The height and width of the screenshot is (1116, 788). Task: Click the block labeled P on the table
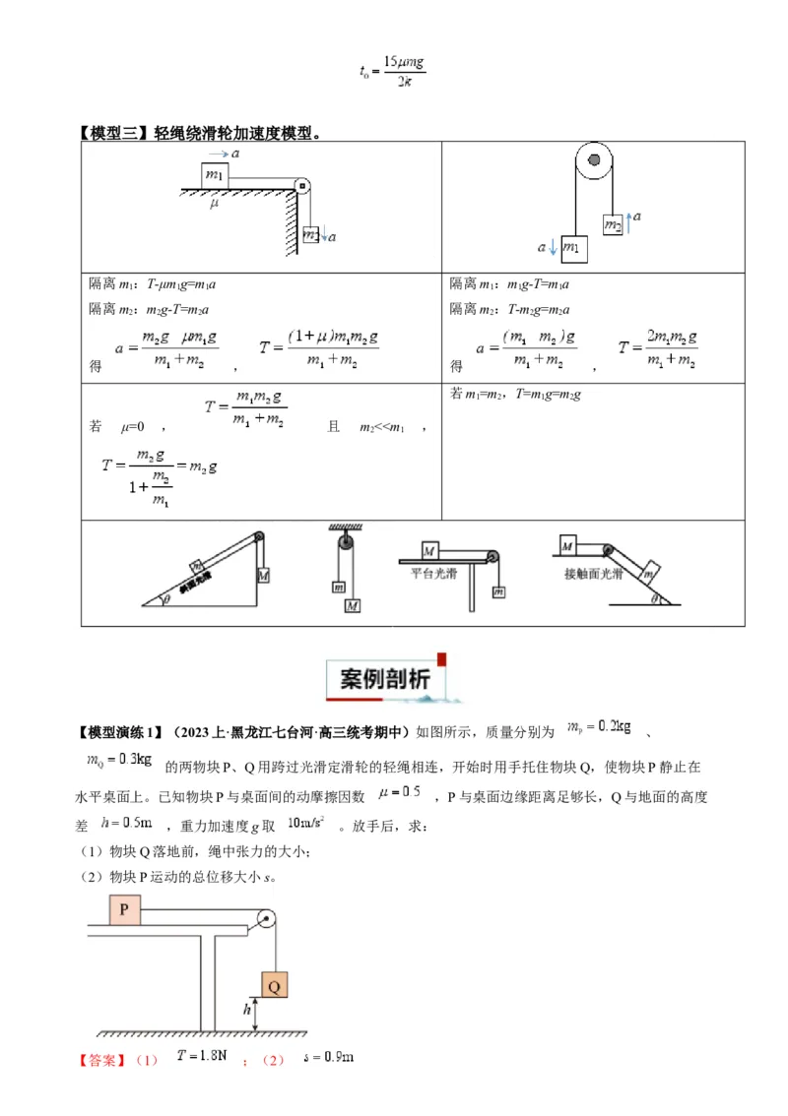click(124, 910)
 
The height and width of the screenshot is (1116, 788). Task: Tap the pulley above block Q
click(265, 920)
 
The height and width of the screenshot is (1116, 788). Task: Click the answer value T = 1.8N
click(202, 1056)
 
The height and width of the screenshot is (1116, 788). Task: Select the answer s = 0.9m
click(328, 1057)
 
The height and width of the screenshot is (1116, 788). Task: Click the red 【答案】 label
click(102, 1060)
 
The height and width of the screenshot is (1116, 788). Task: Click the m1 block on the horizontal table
click(215, 175)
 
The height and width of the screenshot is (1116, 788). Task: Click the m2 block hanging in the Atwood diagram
click(614, 225)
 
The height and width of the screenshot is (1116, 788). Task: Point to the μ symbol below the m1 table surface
click(214, 205)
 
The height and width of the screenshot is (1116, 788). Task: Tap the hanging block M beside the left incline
click(263, 575)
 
